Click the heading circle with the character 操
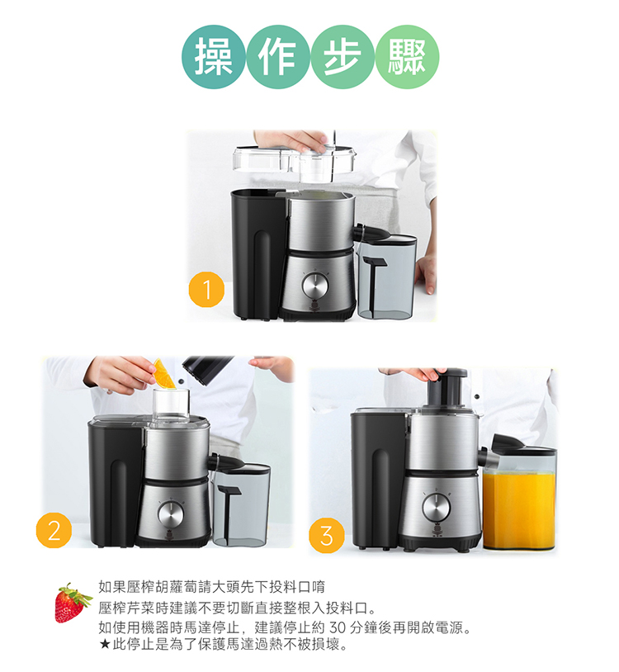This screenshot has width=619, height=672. coord(214,57)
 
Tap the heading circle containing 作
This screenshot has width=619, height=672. coord(278,57)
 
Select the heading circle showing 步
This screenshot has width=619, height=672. coord(343,57)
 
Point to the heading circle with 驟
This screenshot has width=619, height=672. coord(407,57)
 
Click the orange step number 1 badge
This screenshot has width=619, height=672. coord(206,290)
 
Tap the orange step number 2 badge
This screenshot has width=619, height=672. coord(54,530)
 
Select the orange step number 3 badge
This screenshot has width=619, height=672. coord(327,535)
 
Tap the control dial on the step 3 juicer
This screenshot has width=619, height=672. coord(436,508)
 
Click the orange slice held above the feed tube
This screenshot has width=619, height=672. coord(164,374)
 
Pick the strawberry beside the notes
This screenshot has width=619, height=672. coord(73,602)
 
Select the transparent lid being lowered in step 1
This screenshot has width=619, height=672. coord(295,161)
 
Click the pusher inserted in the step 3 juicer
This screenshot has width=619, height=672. coord(446,388)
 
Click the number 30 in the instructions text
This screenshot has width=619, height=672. coord(337,627)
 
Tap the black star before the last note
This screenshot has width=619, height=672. coord(105,644)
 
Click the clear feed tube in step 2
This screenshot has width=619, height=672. coord(172,404)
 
